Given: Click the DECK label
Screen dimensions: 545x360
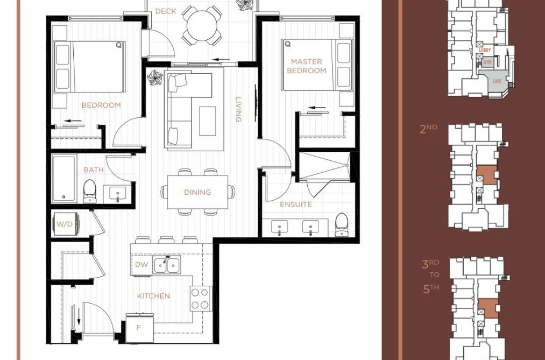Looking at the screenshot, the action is (x=166, y=11).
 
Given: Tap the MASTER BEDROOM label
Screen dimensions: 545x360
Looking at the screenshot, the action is (x=307, y=66).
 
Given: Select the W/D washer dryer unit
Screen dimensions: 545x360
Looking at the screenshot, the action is (x=66, y=224).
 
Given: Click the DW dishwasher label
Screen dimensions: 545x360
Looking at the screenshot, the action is (x=141, y=265).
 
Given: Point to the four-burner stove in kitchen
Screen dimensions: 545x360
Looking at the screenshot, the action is (x=201, y=299).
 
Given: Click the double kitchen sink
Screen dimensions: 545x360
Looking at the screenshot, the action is (x=167, y=265).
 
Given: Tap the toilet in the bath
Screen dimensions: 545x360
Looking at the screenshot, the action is (x=90, y=191).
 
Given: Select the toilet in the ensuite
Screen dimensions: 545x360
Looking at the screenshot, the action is (x=342, y=224).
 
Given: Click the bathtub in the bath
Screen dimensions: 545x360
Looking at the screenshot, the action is (x=64, y=179).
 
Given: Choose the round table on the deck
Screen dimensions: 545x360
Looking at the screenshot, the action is (x=202, y=26).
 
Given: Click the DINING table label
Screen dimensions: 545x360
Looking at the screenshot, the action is (x=197, y=192).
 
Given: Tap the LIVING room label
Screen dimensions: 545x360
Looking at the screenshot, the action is (x=238, y=109).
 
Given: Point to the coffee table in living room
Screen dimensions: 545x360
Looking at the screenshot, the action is (x=208, y=121).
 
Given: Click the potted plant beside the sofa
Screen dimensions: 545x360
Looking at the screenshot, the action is (x=154, y=77).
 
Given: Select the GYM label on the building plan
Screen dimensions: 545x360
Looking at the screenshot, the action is (x=487, y=62).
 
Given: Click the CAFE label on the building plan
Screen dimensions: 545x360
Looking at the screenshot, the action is (x=497, y=81).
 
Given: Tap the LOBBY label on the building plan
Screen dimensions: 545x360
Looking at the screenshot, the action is (x=485, y=51).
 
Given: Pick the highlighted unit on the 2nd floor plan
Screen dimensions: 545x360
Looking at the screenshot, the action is (x=486, y=174).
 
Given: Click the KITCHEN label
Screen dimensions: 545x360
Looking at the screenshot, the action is (x=153, y=296).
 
